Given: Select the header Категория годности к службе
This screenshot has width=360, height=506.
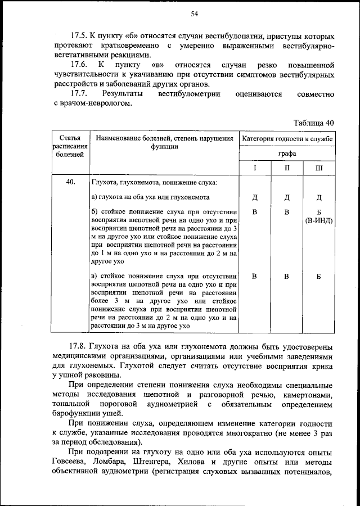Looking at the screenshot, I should tap(287, 138).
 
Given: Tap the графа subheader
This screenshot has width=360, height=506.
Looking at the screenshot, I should tap(287, 153).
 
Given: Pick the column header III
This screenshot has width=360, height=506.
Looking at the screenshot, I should tap(318, 168).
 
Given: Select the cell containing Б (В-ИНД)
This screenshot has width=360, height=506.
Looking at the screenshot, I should tap(318, 216).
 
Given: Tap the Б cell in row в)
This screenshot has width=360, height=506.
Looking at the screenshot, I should tap(318, 276).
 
